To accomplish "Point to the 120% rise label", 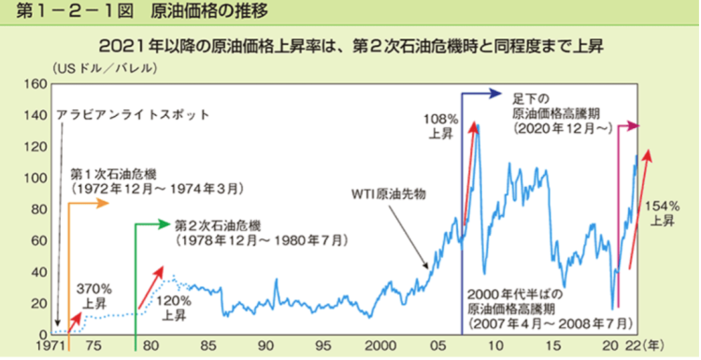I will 174,308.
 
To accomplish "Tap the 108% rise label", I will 440,126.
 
